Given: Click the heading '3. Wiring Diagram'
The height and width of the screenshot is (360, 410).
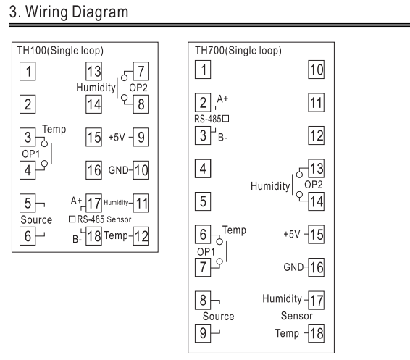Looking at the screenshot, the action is pos(69,12).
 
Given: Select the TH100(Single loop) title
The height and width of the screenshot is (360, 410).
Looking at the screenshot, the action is pos(60,51).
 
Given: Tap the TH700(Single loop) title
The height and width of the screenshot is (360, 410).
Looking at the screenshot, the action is pos(238,51).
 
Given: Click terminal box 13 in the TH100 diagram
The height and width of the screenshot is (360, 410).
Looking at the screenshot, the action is pos(94,71).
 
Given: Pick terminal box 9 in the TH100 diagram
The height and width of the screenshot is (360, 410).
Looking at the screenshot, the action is pos(141,137).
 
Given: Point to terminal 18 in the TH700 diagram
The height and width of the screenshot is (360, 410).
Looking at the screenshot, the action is pos(316,333).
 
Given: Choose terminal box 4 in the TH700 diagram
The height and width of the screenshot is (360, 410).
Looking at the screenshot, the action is pos(203,169).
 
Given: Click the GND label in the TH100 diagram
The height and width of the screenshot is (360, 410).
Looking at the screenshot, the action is pos(118,170).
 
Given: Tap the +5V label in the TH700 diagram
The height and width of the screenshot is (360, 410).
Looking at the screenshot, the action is pos(291,234).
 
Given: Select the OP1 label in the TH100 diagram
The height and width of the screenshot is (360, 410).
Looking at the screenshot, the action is pos(31,154).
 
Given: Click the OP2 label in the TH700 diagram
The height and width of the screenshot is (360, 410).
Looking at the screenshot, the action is pos(314,185).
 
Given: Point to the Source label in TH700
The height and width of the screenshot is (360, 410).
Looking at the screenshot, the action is pos(218,317).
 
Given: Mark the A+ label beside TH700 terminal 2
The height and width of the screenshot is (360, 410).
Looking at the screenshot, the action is pos(222,99).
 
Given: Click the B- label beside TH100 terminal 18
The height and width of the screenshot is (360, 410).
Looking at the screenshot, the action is pos(77,239).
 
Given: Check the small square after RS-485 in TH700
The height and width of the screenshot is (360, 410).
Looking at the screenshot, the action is pos(226,119).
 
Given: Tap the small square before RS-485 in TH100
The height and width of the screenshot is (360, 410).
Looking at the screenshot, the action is pos(72,219).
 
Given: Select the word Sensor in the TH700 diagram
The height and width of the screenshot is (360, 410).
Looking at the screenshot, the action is pos(297,316).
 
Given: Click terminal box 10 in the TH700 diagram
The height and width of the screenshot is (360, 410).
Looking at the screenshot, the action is pos(316,70).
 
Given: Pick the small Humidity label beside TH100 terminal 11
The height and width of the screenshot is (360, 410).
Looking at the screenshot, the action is pos(116,203).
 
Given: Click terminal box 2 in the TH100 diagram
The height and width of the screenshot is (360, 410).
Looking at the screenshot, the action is pos(28,104).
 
